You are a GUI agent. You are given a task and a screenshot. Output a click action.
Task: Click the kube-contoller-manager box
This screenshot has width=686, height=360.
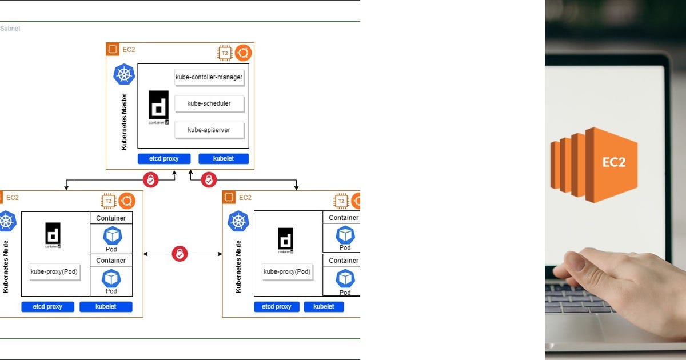coord(209,77)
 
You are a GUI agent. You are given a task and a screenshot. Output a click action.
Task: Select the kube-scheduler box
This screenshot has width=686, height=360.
coord(209,103)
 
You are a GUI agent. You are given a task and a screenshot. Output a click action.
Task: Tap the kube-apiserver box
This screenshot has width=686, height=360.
coord(209,130)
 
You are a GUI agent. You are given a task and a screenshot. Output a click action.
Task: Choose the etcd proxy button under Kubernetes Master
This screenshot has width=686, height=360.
coord(163,158)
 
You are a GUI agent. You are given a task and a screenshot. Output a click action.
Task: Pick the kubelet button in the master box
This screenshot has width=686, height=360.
coord(224,158)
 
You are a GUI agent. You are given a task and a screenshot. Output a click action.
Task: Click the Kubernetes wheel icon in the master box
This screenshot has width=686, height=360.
coord(124,74)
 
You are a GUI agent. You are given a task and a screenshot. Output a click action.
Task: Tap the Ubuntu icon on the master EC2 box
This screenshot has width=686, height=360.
coord(243,53)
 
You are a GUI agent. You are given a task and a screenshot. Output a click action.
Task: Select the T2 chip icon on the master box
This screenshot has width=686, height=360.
coord(225,53)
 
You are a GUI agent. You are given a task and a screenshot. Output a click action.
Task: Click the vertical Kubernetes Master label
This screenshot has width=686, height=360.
coord(124,122)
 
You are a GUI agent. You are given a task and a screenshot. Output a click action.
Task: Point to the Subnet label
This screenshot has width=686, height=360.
coord(10,29)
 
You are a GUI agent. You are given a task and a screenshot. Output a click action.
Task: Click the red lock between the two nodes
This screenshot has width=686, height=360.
coord(180,254)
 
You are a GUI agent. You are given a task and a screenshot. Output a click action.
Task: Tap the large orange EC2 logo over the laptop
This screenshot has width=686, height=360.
coord(595,164)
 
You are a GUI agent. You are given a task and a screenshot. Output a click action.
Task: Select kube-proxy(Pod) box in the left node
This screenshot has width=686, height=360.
coord(54,272)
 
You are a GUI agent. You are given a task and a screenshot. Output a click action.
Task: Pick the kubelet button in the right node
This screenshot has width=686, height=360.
coord(324,307)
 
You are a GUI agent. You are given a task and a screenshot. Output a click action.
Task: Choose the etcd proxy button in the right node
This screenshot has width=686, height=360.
coord(276,307)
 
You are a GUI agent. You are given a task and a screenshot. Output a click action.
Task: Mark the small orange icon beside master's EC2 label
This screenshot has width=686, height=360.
coord(113,49)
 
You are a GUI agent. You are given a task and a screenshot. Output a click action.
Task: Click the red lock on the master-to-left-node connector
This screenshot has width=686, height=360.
coord(150,180)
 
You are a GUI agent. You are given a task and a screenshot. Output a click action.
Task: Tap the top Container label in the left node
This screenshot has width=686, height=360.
coord(111,218)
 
